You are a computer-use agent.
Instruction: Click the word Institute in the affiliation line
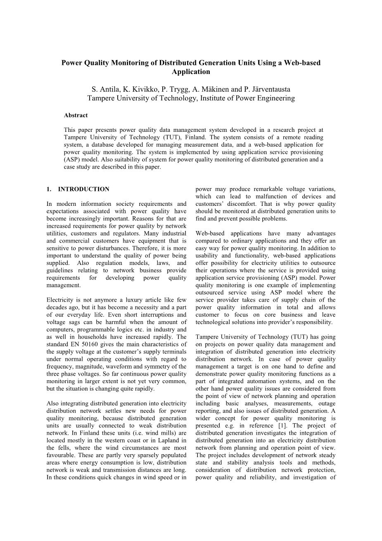tap(214, 98)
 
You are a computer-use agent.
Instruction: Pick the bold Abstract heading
tap(76, 115)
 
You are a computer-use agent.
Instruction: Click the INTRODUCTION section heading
tap(83, 189)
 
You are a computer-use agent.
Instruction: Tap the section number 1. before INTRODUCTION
tap(49, 189)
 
